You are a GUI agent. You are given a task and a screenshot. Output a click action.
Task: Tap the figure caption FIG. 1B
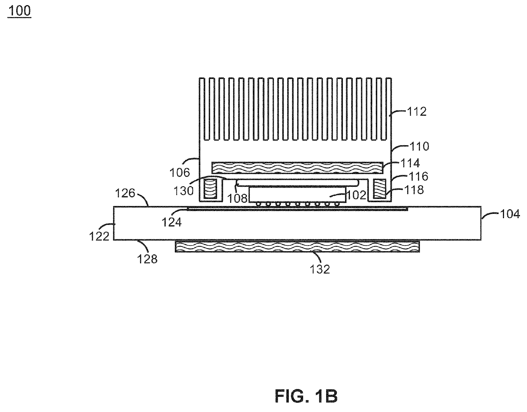click(x=306, y=396)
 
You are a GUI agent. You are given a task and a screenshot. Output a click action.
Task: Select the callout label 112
click(x=417, y=111)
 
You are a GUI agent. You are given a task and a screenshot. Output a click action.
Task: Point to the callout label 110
click(x=419, y=146)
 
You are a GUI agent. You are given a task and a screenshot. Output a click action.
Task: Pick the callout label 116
click(x=419, y=176)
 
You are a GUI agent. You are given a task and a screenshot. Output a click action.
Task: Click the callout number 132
click(x=320, y=269)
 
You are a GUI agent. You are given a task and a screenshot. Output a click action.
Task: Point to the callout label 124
click(x=171, y=222)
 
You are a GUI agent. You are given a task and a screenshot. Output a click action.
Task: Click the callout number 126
click(x=125, y=193)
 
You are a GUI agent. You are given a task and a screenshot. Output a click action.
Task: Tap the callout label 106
click(x=180, y=172)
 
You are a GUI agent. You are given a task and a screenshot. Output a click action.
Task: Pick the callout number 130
click(x=184, y=191)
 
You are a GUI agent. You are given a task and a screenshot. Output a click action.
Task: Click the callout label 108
click(x=237, y=198)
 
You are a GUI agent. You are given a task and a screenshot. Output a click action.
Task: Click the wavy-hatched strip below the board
click(x=297, y=246)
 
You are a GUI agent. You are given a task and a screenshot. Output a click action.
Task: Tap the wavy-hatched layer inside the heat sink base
click(x=297, y=168)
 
